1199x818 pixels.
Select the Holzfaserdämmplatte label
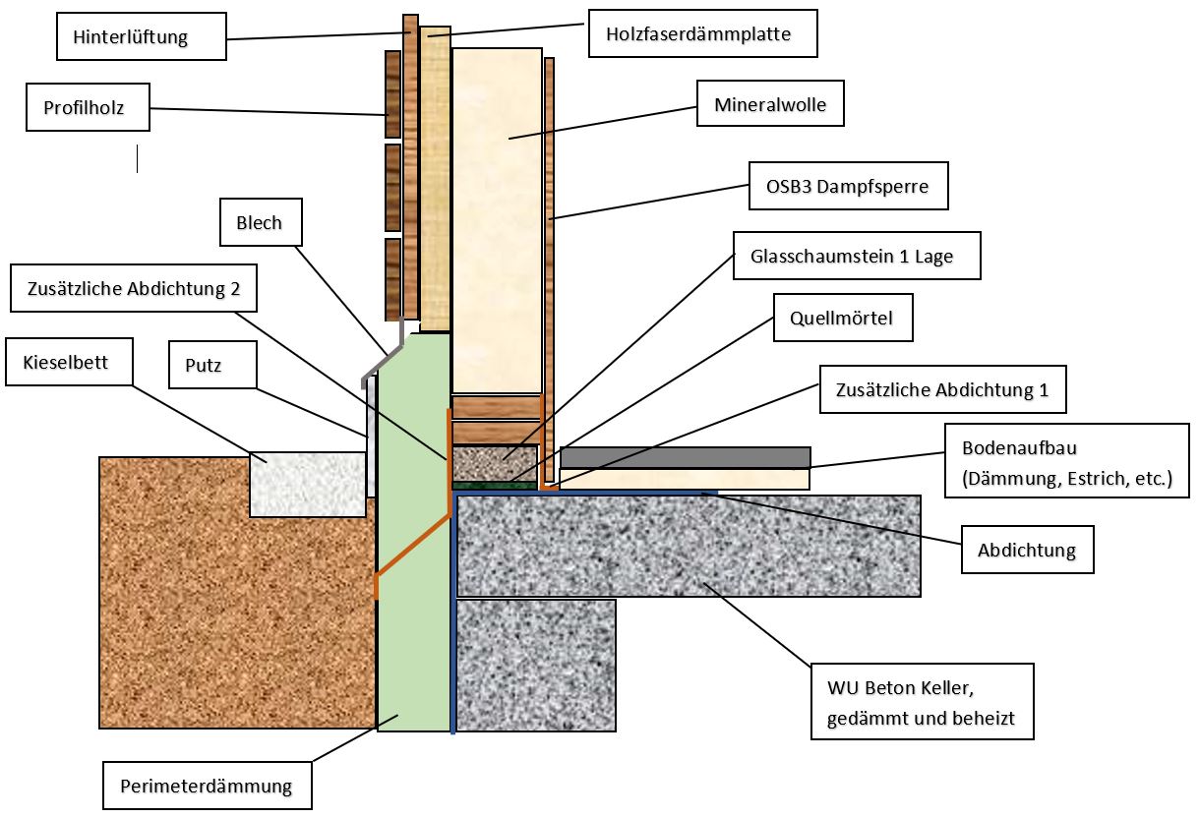click(x=703, y=34)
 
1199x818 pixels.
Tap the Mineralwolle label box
click(x=770, y=103)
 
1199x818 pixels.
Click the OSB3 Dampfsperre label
click(x=848, y=186)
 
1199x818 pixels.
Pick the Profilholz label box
click(x=88, y=107)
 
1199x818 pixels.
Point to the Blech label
click(x=260, y=223)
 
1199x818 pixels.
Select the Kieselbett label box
click(x=65, y=363)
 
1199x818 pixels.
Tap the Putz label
click(x=212, y=366)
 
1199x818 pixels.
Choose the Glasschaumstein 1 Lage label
click(x=857, y=257)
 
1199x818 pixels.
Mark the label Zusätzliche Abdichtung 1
click(x=942, y=389)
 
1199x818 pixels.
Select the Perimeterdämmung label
click(x=207, y=786)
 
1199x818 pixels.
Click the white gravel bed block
click(x=307, y=484)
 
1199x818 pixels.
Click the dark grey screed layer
click(x=685, y=457)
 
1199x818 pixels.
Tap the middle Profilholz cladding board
click(x=392, y=187)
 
